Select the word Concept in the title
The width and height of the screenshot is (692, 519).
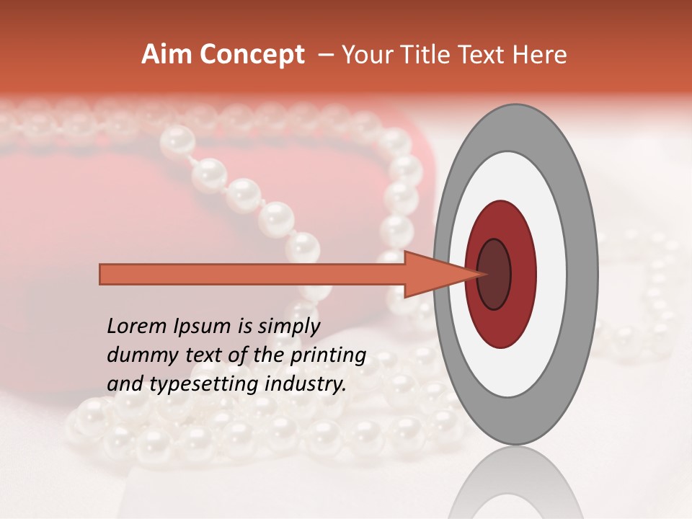pyautogui.click(x=252, y=55)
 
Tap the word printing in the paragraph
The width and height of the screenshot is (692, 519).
pyautogui.click(x=328, y=356)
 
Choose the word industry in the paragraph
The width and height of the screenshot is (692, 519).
pyautogui.click(x=306, y=385)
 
